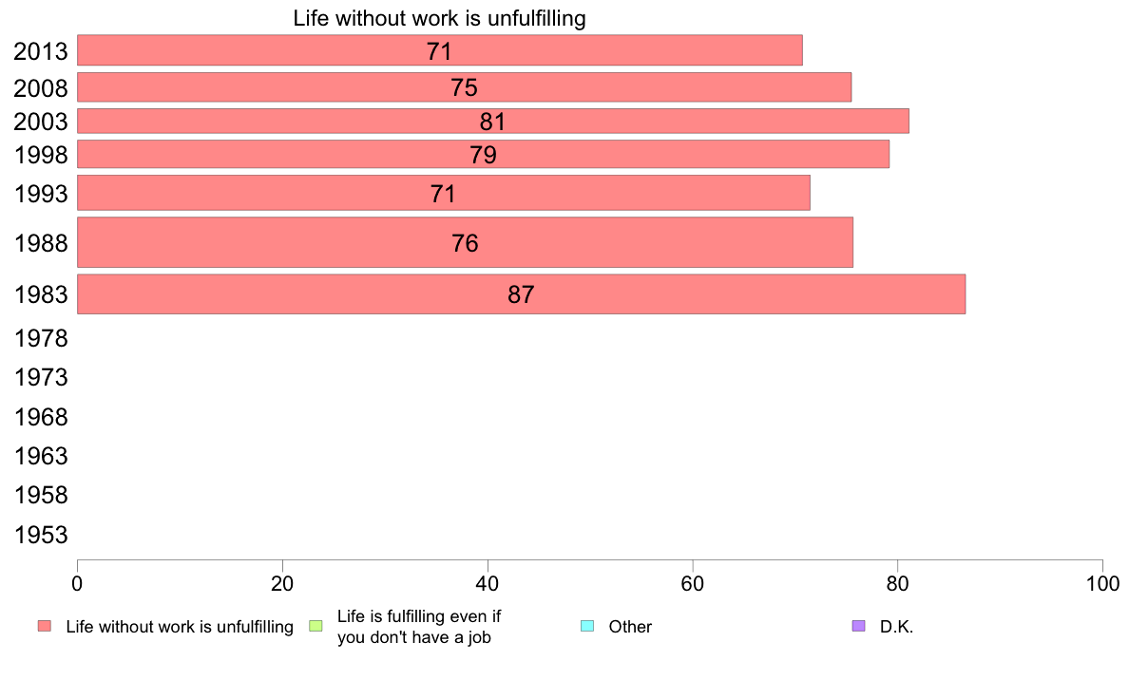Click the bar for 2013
439,50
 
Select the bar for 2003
492,121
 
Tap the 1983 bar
521,293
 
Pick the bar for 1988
465,242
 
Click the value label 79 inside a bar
483,155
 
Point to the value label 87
521,294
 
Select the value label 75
464,87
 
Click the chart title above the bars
439,18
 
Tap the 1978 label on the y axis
41,338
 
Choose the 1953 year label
41,535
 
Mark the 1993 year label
41,195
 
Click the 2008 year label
41,88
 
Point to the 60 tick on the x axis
693,580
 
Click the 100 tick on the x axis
1102,580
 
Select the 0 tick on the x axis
77,580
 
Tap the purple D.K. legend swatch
859,626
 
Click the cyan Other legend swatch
586,626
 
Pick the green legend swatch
316,626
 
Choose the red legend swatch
44,626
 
